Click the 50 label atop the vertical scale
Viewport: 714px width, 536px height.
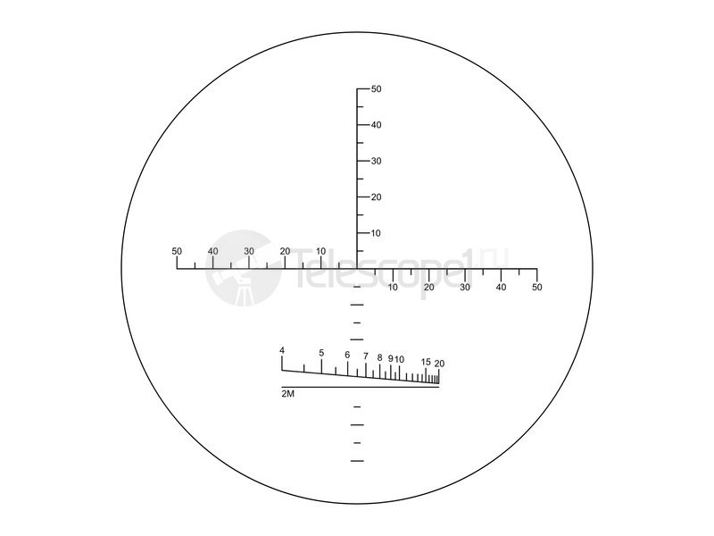tap(377, 89)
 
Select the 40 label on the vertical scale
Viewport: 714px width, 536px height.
tap(377, 125)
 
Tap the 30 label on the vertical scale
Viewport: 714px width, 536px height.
tap(377, 161)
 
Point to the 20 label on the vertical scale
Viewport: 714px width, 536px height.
tap(377, 197)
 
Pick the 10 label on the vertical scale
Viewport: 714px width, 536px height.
tap(377, 233)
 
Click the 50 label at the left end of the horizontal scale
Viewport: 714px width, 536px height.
tap(177, 251)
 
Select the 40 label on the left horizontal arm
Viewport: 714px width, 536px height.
tap(212, 251)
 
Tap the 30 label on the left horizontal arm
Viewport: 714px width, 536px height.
tap(249, 251)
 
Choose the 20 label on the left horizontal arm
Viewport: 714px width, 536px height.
tap(285, 251)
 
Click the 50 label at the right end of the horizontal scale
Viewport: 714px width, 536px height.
tap(537, 287)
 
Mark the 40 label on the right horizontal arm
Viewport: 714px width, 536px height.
tap(502, 287)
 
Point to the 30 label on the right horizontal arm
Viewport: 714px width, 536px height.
tap(465, 287)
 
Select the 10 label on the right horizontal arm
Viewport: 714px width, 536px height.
tap(394, 287)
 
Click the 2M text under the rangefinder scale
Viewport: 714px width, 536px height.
tap(288, 393)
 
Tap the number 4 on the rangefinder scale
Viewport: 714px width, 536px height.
tap(282, 350)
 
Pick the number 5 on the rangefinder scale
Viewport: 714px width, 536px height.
tap(321, 353)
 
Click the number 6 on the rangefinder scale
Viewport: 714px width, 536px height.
tap(347, 356)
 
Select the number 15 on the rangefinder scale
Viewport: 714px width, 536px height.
tap(426, 362)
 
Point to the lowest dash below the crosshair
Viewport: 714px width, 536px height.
tap(358, 461)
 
